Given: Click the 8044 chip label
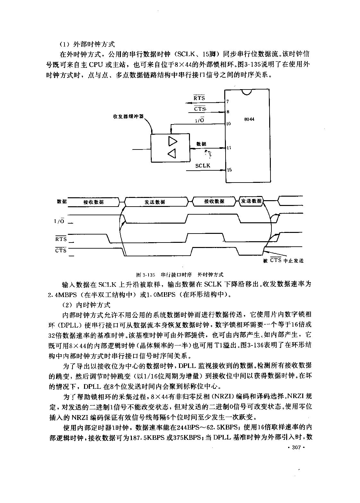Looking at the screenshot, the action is pos(249,119).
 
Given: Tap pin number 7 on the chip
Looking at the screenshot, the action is pos(227,102).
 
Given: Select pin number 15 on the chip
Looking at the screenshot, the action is pos(229,170).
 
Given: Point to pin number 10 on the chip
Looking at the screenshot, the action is pos(228,124).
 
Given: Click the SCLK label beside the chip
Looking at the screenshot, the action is pos(203,166).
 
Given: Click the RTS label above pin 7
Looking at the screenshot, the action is pos(199,98).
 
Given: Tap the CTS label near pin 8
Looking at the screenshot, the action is pos(200,109).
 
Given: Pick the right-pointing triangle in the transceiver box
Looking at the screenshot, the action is pos(173,141).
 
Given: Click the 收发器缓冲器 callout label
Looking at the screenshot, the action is pos(128,116).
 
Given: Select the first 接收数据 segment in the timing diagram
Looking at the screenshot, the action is pos(93,202).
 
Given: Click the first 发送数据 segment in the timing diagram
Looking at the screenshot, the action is pos(155,202).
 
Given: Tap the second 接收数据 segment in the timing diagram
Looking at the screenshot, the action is pos(214,201).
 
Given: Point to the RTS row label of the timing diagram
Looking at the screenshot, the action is pos(61,239).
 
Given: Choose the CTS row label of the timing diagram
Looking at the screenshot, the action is pos(61,250).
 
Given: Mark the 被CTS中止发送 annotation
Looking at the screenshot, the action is pos(283,260).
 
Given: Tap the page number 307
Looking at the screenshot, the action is pos(296,447).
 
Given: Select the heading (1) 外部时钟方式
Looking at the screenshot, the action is pos(87,44).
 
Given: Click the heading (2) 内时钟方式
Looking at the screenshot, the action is pos(86,305).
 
